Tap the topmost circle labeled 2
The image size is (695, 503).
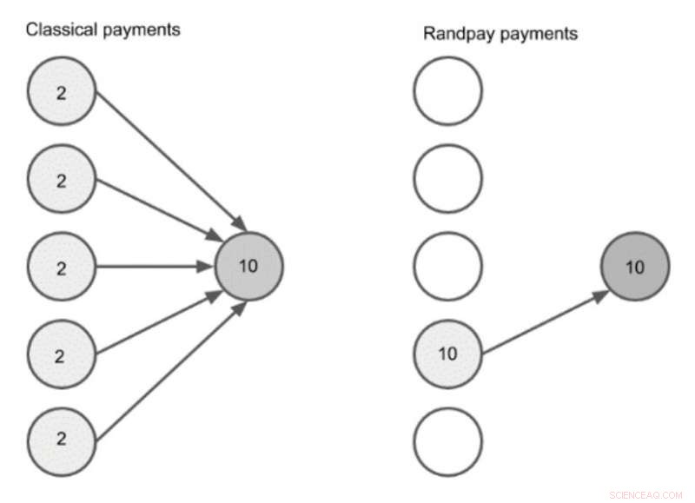pyautogui.click(x=61, y=93)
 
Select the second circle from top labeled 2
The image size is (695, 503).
pyautogui.click(x=61, y=181)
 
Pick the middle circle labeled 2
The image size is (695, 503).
pyautogui.click(x=61, y=268)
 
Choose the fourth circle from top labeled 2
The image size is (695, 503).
pyautogui.click(x=61, y=354)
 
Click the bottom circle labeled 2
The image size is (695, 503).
pyautogui.click(x=61, y=441)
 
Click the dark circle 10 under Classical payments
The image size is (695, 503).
pyautogui.click(x=248, y=267)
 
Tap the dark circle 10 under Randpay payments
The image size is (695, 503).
pyautogui.click(x=635, y=267)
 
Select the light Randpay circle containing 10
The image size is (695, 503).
pyautogui.click(x=447, y=354)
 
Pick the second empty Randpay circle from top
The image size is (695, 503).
pyautogui.click(x=447, y=180)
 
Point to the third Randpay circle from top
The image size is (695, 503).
pyautogui.click(x=447, y=267)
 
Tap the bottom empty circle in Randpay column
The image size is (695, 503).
pyautogui.click(x=447, y=440)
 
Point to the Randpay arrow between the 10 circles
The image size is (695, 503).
pyautogui.click(x=543, y=323)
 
